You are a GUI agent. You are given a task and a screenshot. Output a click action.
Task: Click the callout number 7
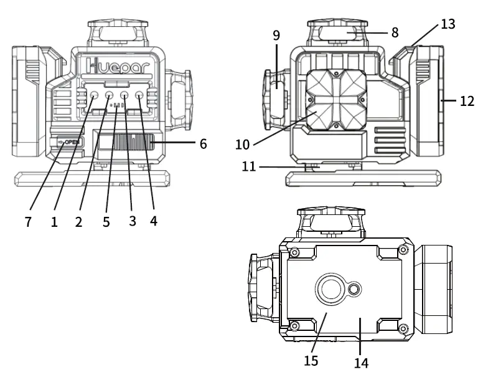click(29, 221)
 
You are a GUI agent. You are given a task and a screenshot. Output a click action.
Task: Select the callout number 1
click(55, 221)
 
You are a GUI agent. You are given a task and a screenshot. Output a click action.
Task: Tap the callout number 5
click(106, 221)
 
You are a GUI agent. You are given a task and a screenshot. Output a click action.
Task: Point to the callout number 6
click(203, 144)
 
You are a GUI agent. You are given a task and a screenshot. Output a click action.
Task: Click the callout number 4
click(154, 221)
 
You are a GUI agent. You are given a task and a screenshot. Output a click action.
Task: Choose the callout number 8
click(395, 32)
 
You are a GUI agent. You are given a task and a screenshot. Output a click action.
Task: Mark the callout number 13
click(448, 24)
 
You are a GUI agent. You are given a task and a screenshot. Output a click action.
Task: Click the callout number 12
click(467, 101)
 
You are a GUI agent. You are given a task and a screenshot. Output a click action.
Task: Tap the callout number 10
click(242, 145)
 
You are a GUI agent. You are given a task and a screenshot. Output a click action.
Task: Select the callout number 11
click(248, 167)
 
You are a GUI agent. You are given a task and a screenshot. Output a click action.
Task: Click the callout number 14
click(360, 360)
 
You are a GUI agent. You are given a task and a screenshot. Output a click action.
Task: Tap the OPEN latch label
click(69, 142)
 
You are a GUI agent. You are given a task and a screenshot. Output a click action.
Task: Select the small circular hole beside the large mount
click(355, 289)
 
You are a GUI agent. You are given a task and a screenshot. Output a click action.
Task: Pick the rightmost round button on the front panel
click(139, 96)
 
